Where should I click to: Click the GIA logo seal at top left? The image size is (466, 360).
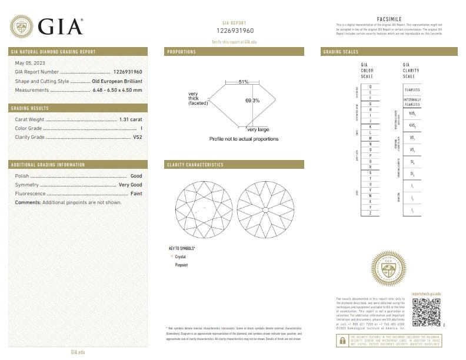(x=22, y=26)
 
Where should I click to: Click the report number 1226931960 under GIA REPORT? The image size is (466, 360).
(x=235, y=30)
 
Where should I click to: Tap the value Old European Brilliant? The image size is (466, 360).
(x=117, y=81)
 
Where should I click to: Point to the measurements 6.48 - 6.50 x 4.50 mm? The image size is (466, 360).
(x=117, y=90)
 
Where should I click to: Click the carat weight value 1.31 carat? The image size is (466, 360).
(x=131, y=119)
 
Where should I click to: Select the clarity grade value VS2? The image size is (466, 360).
(x=138, y=136)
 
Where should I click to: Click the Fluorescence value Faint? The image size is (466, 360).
(x=136, y=193)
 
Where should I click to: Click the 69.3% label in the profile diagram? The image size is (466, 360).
(x=252, y=101)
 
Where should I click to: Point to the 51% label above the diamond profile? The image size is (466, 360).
(x=244, y=82)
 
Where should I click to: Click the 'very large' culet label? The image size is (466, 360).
(x=258, y=129)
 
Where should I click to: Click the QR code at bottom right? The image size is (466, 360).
(x=426, y=312)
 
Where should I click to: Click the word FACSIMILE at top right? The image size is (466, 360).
(x=388, y=19)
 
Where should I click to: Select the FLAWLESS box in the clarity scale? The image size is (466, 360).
(x=412, y=89)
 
